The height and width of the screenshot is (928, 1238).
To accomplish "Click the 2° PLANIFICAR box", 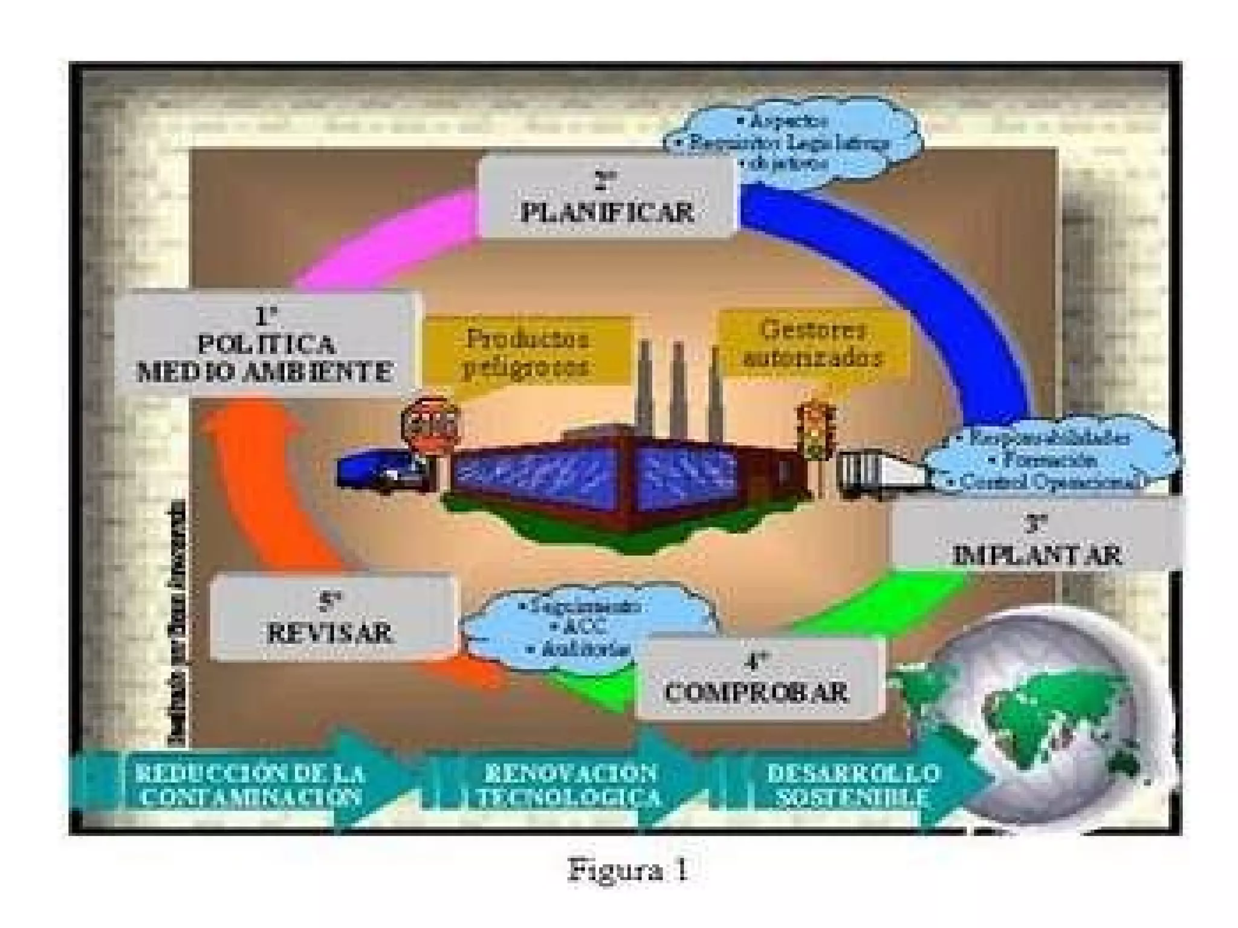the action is tap(607, 197).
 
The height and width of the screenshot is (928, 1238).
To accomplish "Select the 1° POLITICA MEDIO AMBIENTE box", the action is tap(266, 344).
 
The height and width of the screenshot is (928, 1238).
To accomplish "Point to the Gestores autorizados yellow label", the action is tap(812, 344).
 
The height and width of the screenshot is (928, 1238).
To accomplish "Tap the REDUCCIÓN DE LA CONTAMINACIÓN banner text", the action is tap(250, 785).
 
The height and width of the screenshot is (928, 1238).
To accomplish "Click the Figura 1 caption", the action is tap(629, 871).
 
